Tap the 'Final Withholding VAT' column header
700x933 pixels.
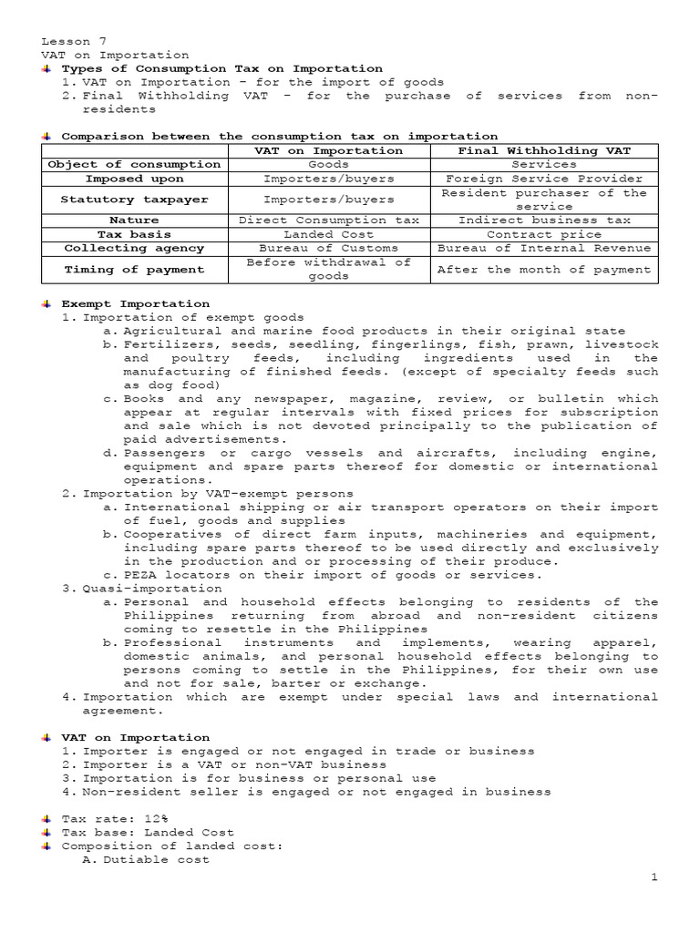[x=544, y=150]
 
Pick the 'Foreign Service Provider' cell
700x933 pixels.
[x=544, y=179]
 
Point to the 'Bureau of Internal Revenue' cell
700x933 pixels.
[x=544, y=248]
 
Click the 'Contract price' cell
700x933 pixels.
[x=544, y=234]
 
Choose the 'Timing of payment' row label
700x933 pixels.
[x=134, y=269]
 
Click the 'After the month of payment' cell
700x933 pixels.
[x=544, y=269]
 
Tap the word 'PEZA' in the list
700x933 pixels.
[x=139, y=574]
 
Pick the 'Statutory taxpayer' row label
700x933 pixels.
[x=134, y=200]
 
